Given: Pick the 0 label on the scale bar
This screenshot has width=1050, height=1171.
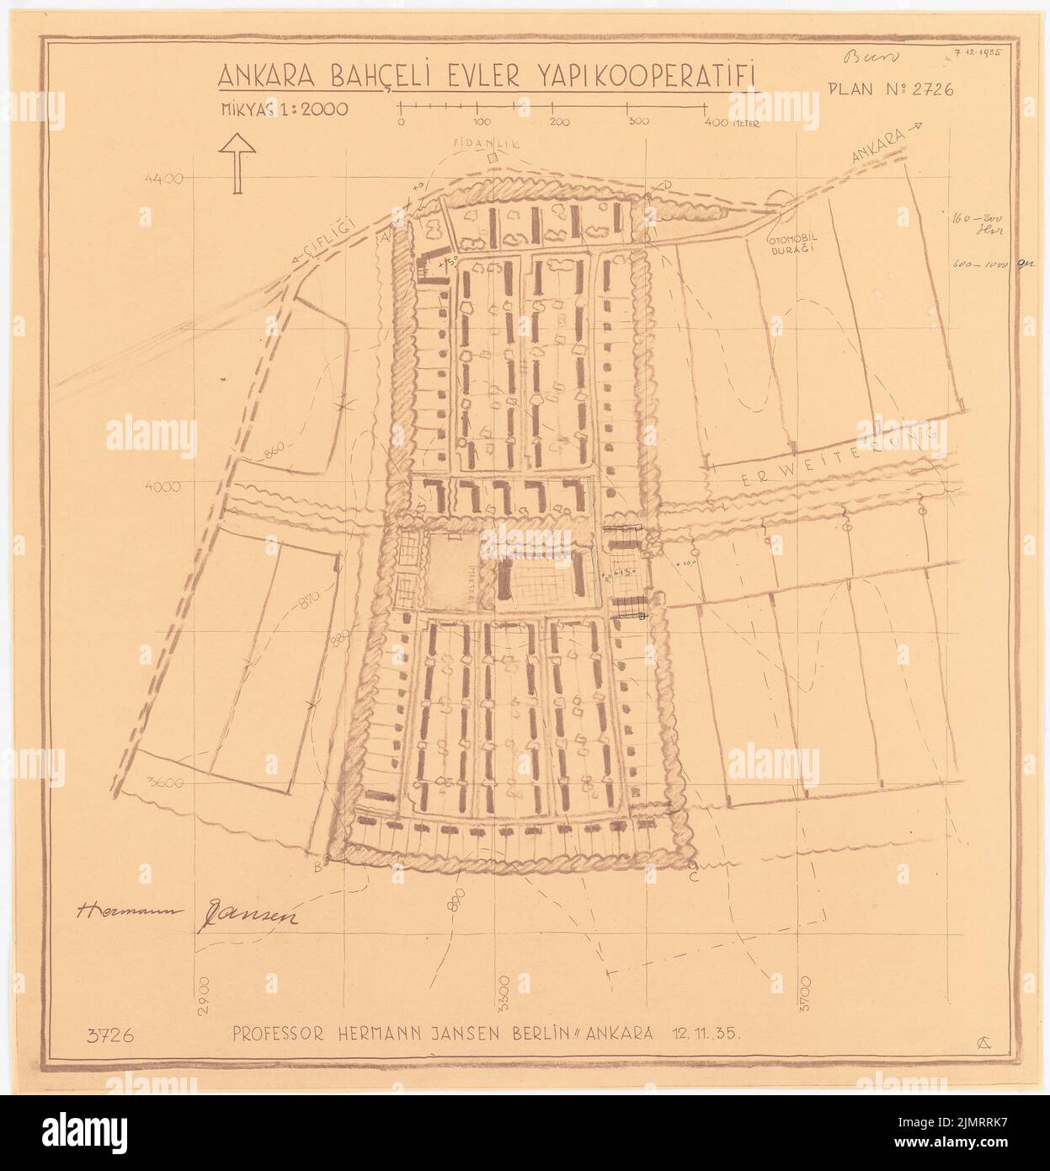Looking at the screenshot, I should click(x=401, y=122).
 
